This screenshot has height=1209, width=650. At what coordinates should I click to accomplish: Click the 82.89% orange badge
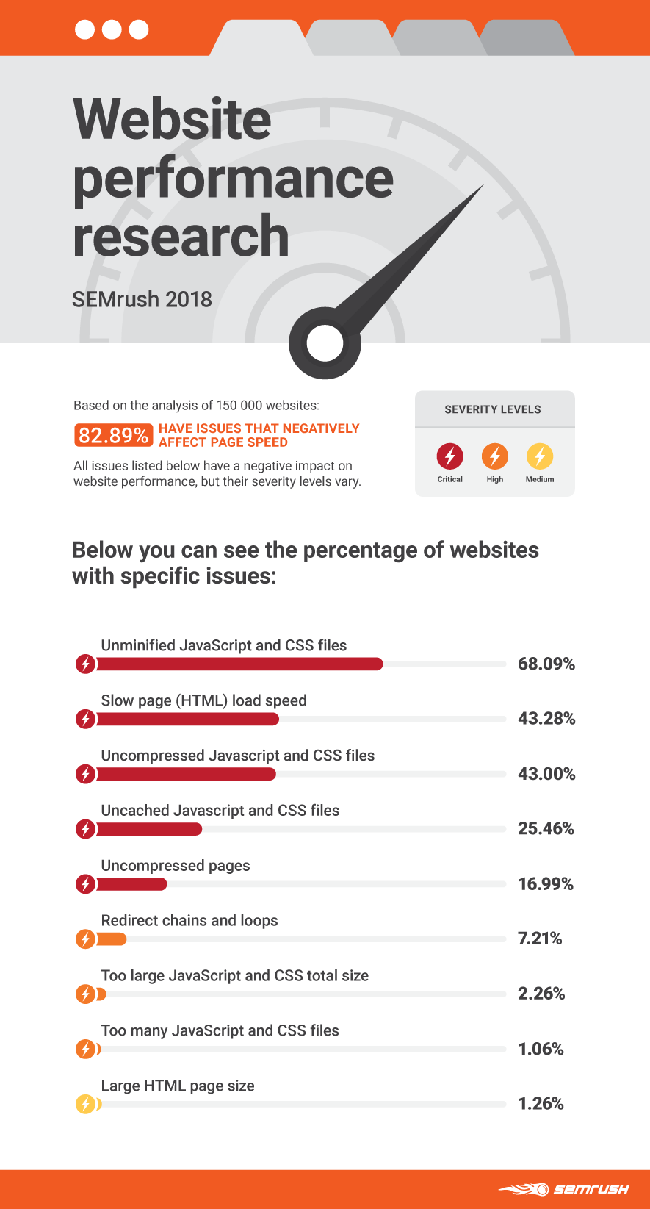click(x=113, y=435)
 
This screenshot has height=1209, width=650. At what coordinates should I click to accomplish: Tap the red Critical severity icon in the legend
click(x=449, y=456)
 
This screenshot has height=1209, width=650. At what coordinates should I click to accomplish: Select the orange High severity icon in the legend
click(x=494, y=456)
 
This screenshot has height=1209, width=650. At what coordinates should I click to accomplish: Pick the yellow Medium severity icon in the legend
click(x=539, y=456)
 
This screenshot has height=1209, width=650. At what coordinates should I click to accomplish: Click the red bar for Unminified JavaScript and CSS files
click(x=239, y=664)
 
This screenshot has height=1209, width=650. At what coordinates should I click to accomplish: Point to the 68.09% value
click(x=546, y=664)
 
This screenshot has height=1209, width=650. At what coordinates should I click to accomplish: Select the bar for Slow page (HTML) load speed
click(x=187, y=719)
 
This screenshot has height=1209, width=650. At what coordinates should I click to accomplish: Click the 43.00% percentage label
click(x=546, y=774)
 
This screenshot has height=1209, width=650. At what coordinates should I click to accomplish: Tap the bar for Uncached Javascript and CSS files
click(x=148, y=829)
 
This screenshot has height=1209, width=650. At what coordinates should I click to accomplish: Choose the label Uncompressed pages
click(x=176, y=866)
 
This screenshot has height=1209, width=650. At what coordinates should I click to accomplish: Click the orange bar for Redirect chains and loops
click(x=111, y=939)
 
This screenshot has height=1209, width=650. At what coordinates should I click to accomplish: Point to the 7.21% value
click(x=540, y=939)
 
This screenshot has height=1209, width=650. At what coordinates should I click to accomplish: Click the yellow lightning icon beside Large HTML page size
click(x=86, y=1104)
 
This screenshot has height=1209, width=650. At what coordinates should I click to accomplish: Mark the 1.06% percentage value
click(x=541, y=1049)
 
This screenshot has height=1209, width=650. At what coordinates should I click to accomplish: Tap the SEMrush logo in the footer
click(x=564, y=1189)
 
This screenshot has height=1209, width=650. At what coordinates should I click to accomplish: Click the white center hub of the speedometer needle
click(x=325, y=343)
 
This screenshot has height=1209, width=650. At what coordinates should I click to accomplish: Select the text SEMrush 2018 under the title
click(x=142, y=299)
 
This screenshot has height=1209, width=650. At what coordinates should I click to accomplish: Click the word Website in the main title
click(x=173, y=119)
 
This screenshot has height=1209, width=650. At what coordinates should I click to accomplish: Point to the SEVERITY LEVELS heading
click(x=493, y=409)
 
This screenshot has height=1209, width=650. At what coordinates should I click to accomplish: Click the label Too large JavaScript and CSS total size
click(x=235, y=976)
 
